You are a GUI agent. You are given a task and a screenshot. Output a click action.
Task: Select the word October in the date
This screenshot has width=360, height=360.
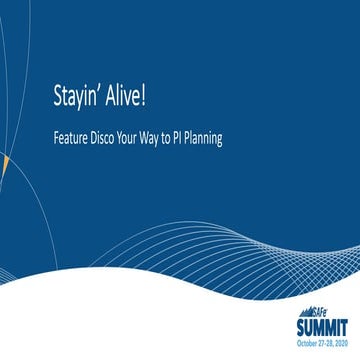[x=304, y=342]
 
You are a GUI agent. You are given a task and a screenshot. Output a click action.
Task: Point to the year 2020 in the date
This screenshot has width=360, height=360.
[x=342, y=342]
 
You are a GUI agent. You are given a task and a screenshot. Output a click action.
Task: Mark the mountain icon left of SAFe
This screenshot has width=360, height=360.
[x=306, y=311]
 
